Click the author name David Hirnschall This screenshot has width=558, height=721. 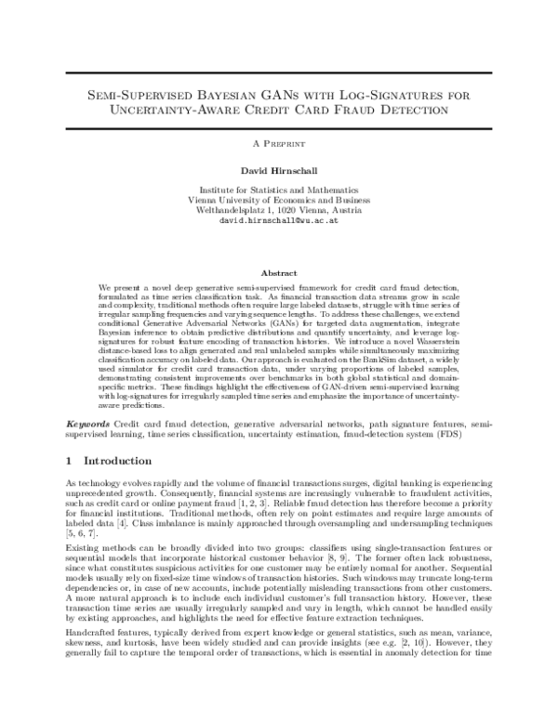point(279,171)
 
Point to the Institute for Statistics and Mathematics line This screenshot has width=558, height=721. point(279,190)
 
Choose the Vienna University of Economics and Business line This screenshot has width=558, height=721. point(279,200)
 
